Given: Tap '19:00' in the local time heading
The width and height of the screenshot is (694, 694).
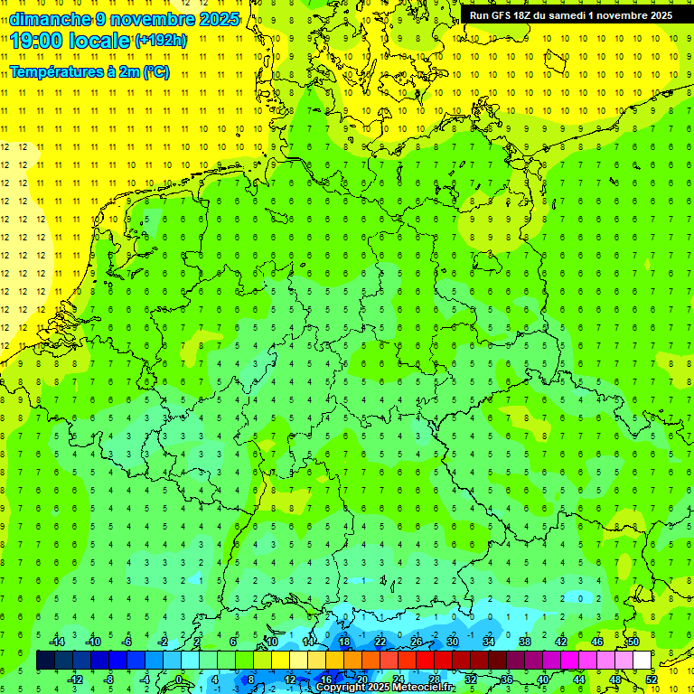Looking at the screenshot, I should pyautogui.click(x=36, y=41).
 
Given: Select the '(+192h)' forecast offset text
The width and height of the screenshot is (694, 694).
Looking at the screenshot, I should pyautogui.click(x=161, y=41).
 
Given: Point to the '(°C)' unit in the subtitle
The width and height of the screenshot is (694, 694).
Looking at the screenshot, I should pyautogui.click(x=155, y=72).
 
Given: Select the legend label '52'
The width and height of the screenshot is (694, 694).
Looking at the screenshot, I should pyautogui.click(x=652, y=680).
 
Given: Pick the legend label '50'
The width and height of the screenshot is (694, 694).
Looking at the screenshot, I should pyautogui.click(x=633, y=642).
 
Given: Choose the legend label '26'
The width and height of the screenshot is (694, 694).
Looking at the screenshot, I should pyautogui.click(x=417, y=642).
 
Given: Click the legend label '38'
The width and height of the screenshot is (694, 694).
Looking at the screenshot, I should pyautogui.click(x=525, y=642).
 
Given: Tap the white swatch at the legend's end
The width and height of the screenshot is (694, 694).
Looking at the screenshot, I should pyautogui.click(x=642, y=661).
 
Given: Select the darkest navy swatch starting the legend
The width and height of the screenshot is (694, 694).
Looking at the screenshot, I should pyautogui.click(x=45, y=661).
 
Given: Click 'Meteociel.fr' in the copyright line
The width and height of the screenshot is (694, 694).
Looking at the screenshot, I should pyautogui.click(x=423, y=688).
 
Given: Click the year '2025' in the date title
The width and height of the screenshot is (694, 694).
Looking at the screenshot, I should pyautogui.click(x=218, y=19).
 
